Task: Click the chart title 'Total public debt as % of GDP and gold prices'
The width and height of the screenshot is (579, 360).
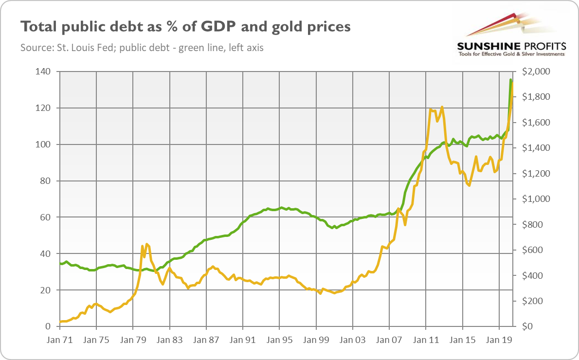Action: [185, 27]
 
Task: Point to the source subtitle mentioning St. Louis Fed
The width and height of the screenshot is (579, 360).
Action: [142, 48]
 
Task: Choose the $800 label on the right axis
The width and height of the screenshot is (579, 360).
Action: [535, 225]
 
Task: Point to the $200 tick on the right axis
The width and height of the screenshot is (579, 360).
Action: [535, 301]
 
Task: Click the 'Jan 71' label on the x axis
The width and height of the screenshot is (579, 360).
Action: [59, 340]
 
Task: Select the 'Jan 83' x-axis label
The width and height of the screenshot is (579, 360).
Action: [169, 340]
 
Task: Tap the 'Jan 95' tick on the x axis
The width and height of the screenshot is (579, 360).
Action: [279, 340]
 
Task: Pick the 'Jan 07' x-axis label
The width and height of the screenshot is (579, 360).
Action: [389, 340]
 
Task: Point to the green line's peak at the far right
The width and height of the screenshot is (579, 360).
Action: [510, 79]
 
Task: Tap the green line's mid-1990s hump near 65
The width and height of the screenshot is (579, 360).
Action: [281, 208]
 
